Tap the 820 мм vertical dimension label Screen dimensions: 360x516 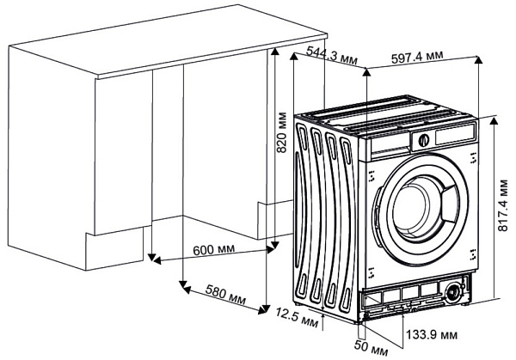pyautogui.click(x=280, y=131)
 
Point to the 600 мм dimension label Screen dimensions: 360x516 pyautogui.click(x=213, y=250)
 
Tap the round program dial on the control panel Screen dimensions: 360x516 pyautogui.click(x=424, y=140)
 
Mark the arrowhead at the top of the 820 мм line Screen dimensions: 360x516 pyautogui.click(x=274, y=52)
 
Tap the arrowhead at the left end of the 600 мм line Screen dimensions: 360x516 pyautogui.click(x=151, y=258)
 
